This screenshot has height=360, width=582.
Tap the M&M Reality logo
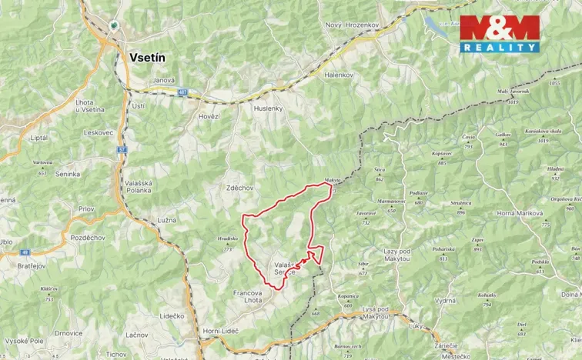coord(499,33)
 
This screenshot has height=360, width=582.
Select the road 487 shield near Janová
coord(182,92)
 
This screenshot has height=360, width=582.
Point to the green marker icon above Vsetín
coord(115,25)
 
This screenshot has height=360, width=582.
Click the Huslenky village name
coord(268,108)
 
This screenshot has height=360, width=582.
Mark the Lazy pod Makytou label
coord(403,256)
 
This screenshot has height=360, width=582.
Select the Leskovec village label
coord(99,132)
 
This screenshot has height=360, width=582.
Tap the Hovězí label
coord(209,116)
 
